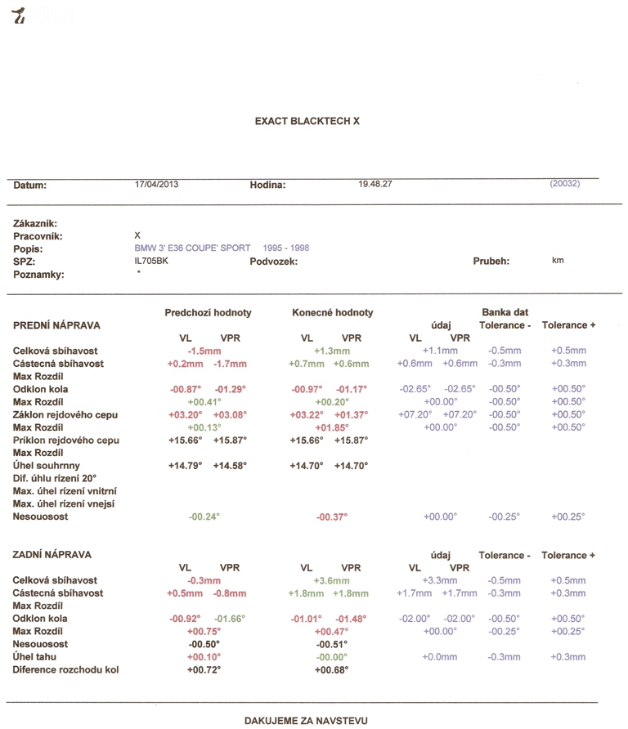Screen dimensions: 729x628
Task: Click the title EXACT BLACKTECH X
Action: coord(307,121)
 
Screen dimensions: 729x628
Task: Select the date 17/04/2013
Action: coord(156,185)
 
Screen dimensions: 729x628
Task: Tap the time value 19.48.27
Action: coord(375,185)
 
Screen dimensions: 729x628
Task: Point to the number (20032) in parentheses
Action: coord(565,184)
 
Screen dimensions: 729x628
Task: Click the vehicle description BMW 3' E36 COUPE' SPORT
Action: coord(192,248)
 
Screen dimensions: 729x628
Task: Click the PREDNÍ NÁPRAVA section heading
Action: coord(56,325)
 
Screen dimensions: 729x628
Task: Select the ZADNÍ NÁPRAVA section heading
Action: coord(52,555)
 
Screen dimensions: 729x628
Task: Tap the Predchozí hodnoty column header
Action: coord(208,313)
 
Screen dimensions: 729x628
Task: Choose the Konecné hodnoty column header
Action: coord(332,313)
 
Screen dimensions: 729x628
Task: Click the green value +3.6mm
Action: coord(331,580)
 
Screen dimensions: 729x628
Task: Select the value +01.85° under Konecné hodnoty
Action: coord(331,427)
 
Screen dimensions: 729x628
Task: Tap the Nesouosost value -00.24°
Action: coord(204,517)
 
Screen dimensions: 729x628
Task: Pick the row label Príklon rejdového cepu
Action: coord(66,441)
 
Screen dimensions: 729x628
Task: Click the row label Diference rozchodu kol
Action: coord(66,670)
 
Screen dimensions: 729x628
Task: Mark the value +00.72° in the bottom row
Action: coord(204,670)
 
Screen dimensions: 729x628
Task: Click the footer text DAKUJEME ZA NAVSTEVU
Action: coord(307,721)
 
